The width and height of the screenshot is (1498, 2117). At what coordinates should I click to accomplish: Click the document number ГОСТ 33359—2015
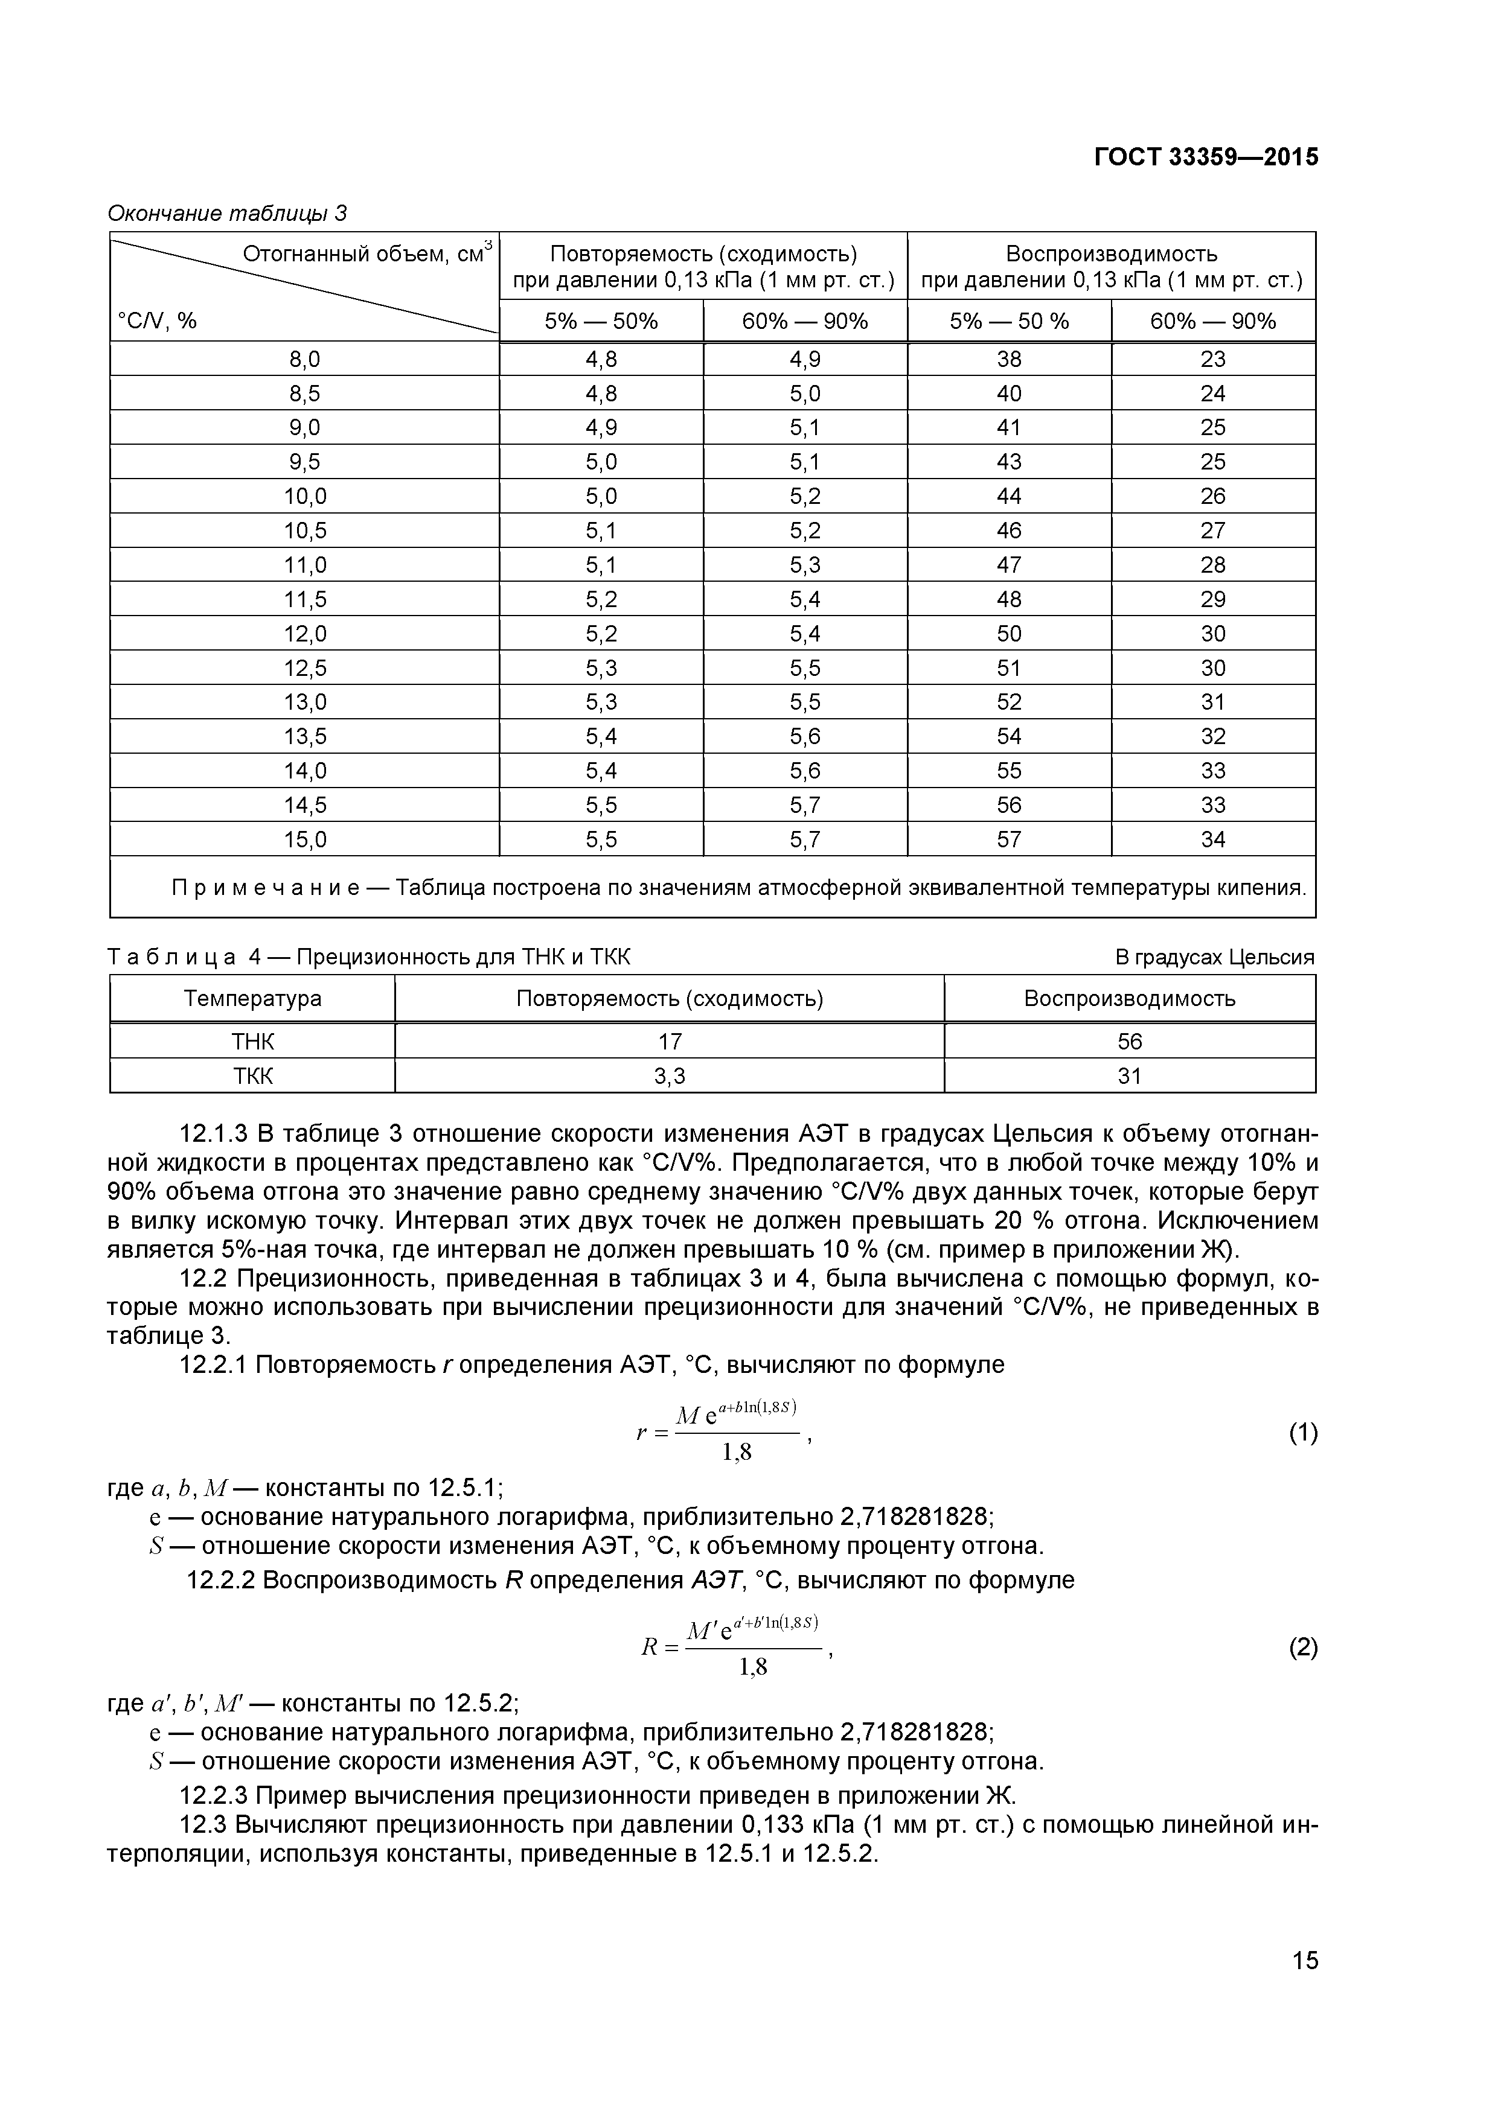(1206, 158)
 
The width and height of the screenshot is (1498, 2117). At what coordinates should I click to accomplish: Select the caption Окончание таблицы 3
(227, 214)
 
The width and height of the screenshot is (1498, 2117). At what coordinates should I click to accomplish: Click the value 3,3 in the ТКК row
(669, 1076)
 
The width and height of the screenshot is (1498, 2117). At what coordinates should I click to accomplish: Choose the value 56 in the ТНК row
(1129, 1042)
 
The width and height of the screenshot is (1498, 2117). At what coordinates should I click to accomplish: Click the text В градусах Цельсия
(1214, 957)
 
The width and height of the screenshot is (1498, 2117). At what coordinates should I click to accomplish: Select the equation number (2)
(1302, 1647)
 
